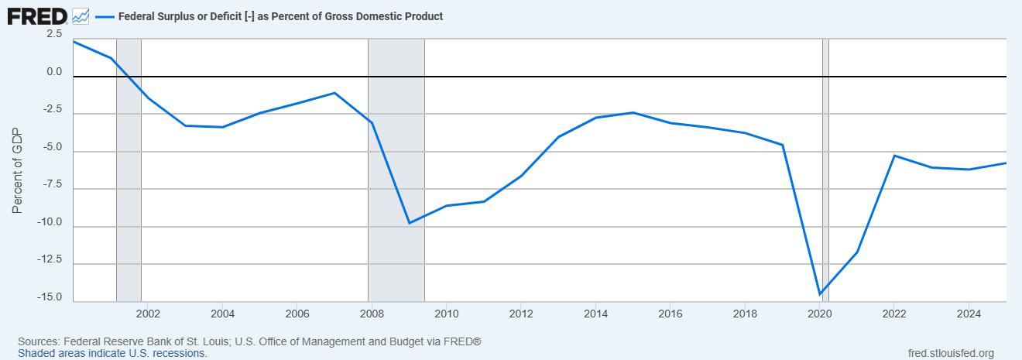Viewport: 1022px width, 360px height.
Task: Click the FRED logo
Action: [37, 15]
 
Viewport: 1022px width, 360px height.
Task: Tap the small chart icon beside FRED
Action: [81, 15]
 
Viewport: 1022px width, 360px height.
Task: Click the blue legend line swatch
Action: [104, 16]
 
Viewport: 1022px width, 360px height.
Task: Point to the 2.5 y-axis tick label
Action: [54, 34]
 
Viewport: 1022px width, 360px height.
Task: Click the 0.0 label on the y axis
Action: [54, 72]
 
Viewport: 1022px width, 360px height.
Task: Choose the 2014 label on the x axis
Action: [595, 314]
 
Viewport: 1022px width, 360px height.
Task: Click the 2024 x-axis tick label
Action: [969, 314]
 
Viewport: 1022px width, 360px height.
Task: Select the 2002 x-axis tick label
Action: [148, 314]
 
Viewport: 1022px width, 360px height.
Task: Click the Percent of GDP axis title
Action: [18, 170]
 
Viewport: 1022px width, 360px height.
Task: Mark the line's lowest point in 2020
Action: [820, 294]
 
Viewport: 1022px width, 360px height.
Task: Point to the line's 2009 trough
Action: [409, 223]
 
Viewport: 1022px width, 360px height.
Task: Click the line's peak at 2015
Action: [633, 112]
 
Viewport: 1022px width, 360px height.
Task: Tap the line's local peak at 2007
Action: [334, 93]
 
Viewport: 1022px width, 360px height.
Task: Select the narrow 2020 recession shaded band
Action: [825, 194]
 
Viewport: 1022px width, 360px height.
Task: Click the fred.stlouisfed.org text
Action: [950, 353]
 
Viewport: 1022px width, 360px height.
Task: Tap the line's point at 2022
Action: [894, 156]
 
